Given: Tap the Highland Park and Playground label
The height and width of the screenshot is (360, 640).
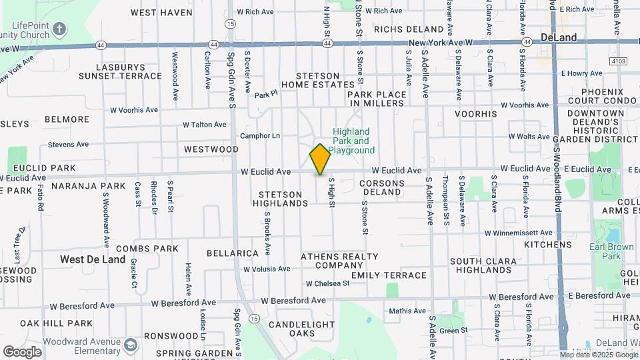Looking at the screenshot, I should click(351, 141).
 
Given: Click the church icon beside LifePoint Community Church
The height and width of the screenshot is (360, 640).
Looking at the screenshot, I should click(59, 29).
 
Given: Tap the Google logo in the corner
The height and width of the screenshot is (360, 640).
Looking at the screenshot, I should click(22, 352).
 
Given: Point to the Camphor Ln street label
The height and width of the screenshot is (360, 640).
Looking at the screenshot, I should click(260, 135).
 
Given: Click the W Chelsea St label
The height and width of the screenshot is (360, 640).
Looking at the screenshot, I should click(327, 283).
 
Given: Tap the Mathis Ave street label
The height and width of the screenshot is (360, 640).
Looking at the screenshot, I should click(407, 311).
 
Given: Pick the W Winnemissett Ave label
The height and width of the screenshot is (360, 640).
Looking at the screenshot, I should click(518, 233).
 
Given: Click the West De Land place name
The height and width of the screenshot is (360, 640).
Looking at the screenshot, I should click(93, 259).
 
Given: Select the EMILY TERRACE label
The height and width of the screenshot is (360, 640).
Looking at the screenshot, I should click(389, 275).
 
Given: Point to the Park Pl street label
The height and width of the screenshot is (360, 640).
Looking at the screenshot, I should click(265, 95).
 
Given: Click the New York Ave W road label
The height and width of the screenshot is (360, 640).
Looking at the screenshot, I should click(441, 42).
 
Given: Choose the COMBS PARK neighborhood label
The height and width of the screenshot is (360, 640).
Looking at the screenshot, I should click(147, 249).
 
